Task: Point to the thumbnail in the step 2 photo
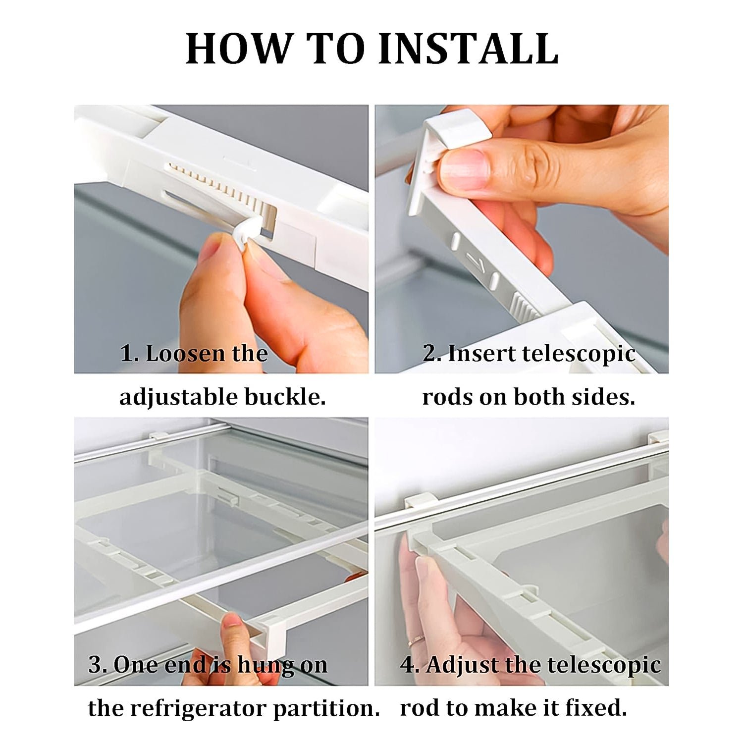tap(463, 168)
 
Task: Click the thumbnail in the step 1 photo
tap(212, 248)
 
